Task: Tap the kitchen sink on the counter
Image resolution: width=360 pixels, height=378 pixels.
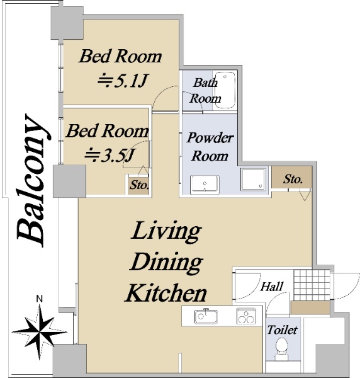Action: click(x=206, y=316)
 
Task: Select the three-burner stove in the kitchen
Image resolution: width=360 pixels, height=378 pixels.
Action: click(x=246, y=316)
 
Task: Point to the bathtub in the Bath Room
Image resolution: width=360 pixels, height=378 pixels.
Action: click(x=225, y=90)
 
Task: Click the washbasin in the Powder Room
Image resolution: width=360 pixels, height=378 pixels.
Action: click(x=205, y=185)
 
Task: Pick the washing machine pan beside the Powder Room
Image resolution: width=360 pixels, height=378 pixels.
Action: click(x=254, y=180)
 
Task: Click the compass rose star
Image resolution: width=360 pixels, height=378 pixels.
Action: click(x=39, y=332)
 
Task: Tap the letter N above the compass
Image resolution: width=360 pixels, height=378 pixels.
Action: click(x=39, y=299)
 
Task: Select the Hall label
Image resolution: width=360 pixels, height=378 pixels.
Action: click(x=272, y=287)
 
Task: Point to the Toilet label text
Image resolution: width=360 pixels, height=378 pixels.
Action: click(x=282, y=329)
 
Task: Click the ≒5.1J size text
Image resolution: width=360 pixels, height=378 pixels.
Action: click(x=122, y=81)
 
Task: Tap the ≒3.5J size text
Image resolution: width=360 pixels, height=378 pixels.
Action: click(x=110, y=155)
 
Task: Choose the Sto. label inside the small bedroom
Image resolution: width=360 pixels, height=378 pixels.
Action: click(x=139, y=185)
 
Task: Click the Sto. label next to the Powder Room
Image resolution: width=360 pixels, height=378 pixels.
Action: click(x=293, y=179)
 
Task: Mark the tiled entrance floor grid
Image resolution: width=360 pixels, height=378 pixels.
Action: click(x=312, y=285)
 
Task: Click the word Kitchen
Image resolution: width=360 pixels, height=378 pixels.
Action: click(x=166, y=293)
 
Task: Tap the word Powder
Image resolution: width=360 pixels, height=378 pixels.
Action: click(x=210, y=138)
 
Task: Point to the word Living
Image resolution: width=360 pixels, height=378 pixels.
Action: click(x=166, y=231)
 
